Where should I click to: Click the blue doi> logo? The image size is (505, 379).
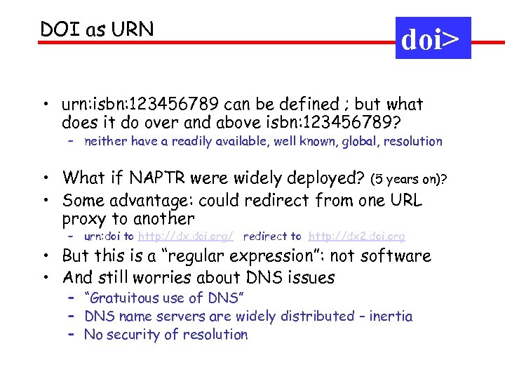(433, 39)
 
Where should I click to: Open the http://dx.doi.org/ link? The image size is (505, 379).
(185, 237)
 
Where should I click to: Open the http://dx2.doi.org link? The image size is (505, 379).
(356, 237)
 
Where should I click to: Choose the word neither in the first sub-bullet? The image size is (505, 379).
(107, 141)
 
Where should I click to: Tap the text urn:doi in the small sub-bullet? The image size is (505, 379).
(104, 237)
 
